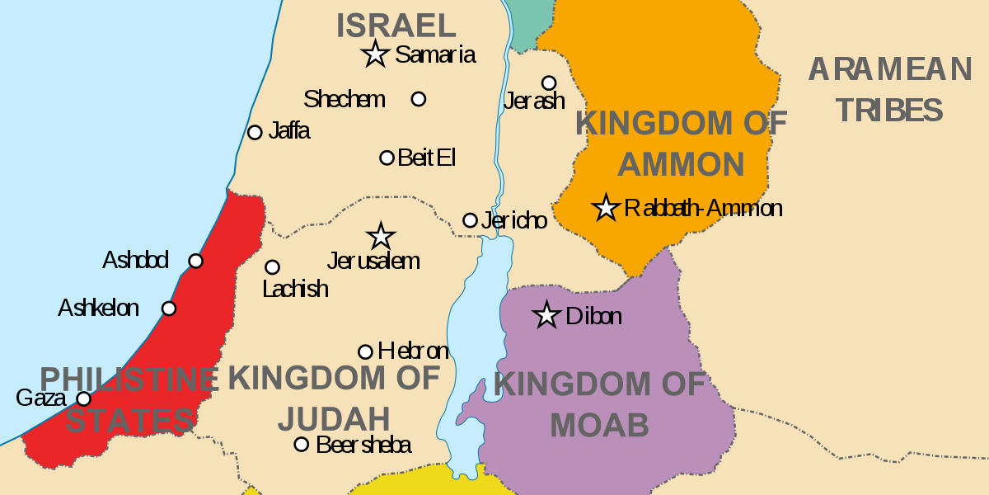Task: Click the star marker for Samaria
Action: (x=375, y=54)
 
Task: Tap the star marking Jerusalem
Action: (x=380, y=236)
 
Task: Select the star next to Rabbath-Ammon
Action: (x=606, y=208)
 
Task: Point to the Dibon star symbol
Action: (x=546, y=315)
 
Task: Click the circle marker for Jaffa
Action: (x=255, y=132)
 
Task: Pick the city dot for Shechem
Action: (x=419, y=99)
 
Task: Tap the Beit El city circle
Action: (x=387, y=158)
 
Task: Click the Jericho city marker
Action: (x=470, y=220)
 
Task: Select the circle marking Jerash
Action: (x=548, y=82)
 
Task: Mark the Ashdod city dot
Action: (x=195, y=261)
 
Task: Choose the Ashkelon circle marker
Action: (x=169, y=309)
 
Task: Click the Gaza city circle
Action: (x=83, y=399)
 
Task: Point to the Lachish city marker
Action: (x=272, y=267)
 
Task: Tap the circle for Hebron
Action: (x=365, y=351)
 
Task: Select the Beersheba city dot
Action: (x=302, y=445)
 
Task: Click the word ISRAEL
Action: (x=396, y=26)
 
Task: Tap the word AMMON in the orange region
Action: (x=681, y=165)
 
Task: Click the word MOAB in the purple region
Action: (x=599, y=426)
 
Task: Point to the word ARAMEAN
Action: (x=890, y=69)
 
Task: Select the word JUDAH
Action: (x=334, y=419)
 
